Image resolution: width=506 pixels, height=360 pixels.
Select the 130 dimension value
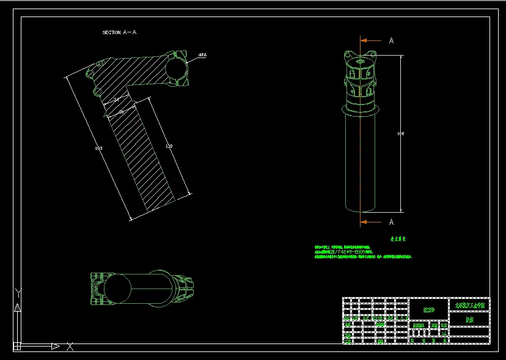coord(169,146)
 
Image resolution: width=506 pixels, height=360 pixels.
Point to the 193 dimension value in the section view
coord(98,148)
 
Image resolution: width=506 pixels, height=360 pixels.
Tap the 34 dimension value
coord(116,99)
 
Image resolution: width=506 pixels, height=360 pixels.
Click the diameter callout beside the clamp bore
coord(202,55)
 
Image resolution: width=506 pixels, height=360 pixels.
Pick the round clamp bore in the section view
coord(177,68)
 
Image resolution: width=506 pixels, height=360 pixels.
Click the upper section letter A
coord(392,40)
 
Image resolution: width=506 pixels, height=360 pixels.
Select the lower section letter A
coord(392,222)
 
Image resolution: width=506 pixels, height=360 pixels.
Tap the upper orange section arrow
coord(370,40)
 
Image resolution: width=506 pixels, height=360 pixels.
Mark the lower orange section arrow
coord(370,221)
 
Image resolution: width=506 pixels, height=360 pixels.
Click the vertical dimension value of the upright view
coord(401,133)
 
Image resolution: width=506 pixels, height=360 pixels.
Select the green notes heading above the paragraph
coord(398,240)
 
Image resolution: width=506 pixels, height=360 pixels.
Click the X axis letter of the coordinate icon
coord(70,347)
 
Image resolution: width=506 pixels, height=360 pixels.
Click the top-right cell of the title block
coord(469,304)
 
